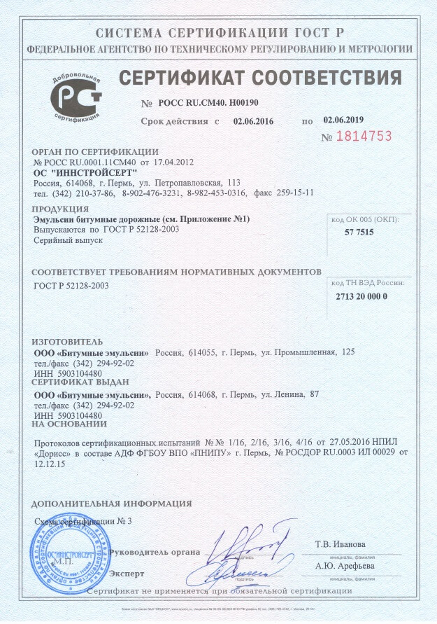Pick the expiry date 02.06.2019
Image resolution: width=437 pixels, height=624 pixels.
tap(344, 120)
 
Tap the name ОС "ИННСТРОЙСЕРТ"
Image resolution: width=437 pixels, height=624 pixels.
tap(86, 172)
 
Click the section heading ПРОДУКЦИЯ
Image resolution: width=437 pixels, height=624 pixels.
tap(59, 209)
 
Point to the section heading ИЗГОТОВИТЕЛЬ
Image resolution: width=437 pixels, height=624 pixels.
tap(68, 342)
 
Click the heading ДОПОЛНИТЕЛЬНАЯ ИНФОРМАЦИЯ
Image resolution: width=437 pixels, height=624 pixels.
tap(112, 503)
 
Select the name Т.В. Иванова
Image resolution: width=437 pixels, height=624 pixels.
tap(340, 544)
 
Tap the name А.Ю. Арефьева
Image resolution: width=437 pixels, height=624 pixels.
tap(344, 566)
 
